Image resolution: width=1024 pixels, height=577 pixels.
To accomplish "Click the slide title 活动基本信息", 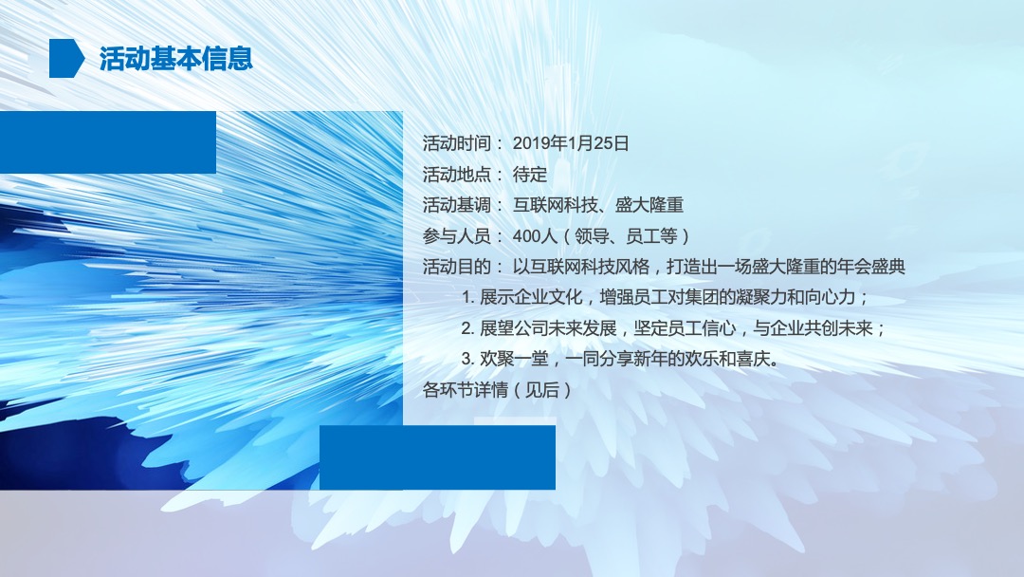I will click(175, 59).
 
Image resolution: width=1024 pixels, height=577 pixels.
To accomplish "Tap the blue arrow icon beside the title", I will click(67, 59).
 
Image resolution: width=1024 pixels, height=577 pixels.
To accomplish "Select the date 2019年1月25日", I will click(571, 144).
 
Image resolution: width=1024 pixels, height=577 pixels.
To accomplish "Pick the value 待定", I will click(530, 175).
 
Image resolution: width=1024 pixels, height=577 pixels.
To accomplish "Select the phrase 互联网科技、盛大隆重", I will click(598, 205).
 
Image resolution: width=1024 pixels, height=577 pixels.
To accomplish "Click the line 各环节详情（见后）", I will click(498, 390).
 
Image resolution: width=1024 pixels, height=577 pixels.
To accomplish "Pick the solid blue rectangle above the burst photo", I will click(107, 142).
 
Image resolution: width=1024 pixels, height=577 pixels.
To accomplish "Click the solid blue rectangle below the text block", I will click(437, 457).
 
